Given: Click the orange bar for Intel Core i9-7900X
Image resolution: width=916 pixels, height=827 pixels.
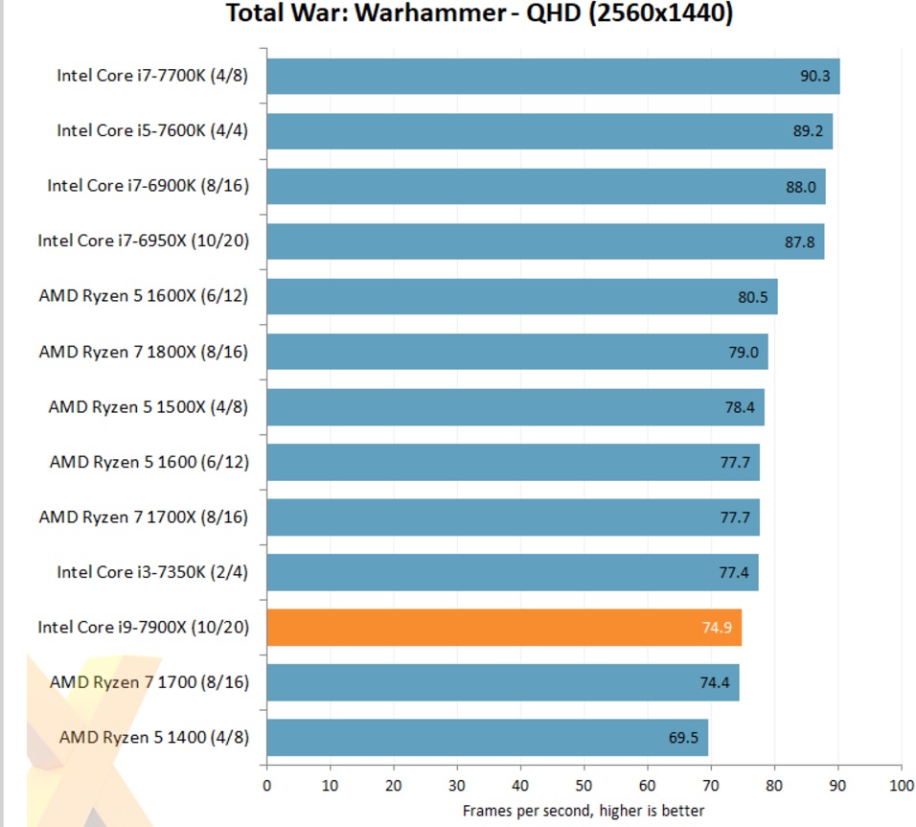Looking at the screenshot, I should [504, 628].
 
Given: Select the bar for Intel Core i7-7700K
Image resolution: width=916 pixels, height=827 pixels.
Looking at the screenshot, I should [553, 76].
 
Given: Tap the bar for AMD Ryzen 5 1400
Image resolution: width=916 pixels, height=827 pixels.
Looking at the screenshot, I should [487, 738].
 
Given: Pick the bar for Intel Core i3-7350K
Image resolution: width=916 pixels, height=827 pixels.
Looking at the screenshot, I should [512, 572].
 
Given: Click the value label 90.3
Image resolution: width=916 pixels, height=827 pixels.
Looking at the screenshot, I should [814, 76].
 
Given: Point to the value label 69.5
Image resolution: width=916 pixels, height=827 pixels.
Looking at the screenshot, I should [683, 738].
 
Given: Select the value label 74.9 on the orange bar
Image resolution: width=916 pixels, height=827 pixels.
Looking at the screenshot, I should [718, 629].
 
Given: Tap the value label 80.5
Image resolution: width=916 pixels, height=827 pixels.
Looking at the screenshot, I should [752, 297].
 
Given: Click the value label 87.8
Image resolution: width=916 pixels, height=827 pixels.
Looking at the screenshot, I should [799, 241].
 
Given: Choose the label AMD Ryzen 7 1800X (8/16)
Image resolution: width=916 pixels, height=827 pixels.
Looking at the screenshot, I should [144, 352].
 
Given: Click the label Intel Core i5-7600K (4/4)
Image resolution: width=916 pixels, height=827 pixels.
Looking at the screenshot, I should [152, 130].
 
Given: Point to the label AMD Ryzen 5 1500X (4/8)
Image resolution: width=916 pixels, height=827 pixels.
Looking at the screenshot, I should [149, 406].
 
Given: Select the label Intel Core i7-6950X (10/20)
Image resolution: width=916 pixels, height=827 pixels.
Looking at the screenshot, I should [144, 241].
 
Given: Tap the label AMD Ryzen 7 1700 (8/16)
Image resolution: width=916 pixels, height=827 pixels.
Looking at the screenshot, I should [149, 682].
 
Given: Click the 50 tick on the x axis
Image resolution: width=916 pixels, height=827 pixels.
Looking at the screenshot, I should [584, 785].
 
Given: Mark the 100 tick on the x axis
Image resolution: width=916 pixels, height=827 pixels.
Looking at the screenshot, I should [901, 785].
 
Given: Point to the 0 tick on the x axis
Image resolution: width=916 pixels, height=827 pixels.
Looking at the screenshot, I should [266, 785].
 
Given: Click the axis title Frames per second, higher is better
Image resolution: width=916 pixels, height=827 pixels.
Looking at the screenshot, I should [584, 811].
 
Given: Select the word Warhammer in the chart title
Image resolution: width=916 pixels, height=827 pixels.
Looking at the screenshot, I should [441, 15].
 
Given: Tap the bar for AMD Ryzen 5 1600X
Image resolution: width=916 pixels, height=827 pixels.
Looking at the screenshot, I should [521, 296].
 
